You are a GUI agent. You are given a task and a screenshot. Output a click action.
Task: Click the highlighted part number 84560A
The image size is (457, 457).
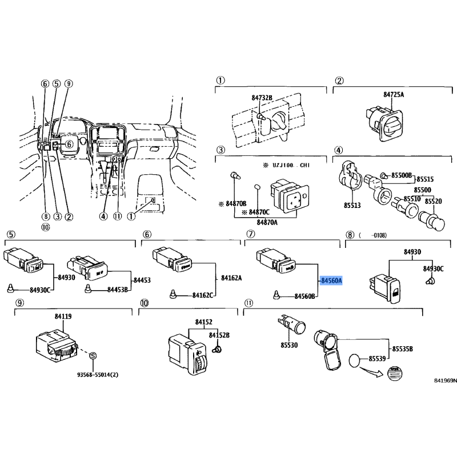[x=331, y=280]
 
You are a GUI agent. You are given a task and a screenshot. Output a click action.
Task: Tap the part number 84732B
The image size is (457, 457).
[x=262, y=98]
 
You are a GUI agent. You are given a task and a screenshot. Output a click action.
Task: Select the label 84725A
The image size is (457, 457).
[x=394, y=94]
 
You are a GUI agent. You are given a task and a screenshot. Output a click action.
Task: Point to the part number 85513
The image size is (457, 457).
[x=352, y=206]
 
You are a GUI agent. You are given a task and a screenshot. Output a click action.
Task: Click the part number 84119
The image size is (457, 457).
[x=63, y=316]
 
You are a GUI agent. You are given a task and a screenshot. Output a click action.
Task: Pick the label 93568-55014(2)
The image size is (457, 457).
[x=98, y=375]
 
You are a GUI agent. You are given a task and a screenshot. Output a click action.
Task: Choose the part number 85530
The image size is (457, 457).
[x=289, y=345]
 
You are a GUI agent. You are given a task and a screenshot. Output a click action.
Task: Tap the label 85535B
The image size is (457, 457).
[x=403, y=349]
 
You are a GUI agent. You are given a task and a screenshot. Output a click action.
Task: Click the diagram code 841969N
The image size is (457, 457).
[x=446, y=380]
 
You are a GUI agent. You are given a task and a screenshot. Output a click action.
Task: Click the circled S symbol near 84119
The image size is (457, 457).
[x=93, y=355]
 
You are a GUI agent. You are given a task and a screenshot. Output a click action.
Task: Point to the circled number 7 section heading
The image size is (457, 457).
[x=251, y=234]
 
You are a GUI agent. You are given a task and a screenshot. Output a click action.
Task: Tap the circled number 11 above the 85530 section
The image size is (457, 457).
[x=248, y=303]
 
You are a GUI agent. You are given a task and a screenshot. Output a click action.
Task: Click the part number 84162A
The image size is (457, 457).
[x=231, y=278]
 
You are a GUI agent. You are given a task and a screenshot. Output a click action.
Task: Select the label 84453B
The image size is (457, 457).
[x=118, y=290]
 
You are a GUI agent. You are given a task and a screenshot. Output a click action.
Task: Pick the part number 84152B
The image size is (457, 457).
[x=219, y=335]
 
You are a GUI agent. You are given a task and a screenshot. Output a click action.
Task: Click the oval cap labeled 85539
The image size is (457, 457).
[x=355, y=360]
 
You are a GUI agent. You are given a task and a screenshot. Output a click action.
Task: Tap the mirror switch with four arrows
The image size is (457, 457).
[x=290, y=195]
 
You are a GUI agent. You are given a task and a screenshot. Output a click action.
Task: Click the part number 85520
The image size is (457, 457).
[x=433, y=201]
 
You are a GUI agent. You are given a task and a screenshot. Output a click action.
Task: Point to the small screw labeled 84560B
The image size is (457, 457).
[x=276, y=295]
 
